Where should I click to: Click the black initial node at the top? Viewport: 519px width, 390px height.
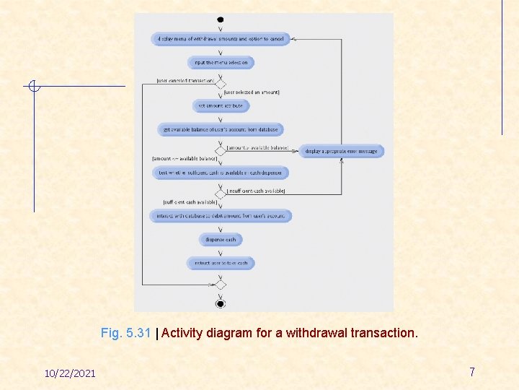click(220, 19)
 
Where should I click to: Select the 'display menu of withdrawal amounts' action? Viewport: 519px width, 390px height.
click(220, 39)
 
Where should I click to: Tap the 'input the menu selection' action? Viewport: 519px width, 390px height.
click(221, 63)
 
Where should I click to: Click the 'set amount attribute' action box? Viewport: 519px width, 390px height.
click(221, 105)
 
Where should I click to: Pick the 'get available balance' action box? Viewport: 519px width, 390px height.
click(220, 129)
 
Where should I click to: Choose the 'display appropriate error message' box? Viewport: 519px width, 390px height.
click(341, 151)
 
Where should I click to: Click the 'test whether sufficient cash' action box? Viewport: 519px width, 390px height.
click(221, 173)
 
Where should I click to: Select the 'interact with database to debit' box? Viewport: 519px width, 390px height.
click(221, 215)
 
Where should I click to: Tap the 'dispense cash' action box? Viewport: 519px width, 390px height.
click(221, 239)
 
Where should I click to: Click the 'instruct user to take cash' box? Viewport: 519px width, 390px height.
click(221, 263)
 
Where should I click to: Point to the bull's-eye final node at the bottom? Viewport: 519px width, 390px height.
click(221, 303)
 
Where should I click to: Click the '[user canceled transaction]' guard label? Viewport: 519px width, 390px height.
click(185, 80)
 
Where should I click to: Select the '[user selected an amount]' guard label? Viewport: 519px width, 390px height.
click(252, 92)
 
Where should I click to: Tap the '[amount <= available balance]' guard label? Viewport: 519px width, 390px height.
click(185, 158)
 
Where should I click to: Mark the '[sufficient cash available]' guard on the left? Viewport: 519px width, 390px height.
click(190, 202)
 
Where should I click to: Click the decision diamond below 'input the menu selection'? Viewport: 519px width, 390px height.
click(221, 84)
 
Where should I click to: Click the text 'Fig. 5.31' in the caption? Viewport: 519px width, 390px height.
click(126, 333)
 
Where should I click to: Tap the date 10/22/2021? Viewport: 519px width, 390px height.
click(70, 373)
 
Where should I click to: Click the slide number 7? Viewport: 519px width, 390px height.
click(472, 372)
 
